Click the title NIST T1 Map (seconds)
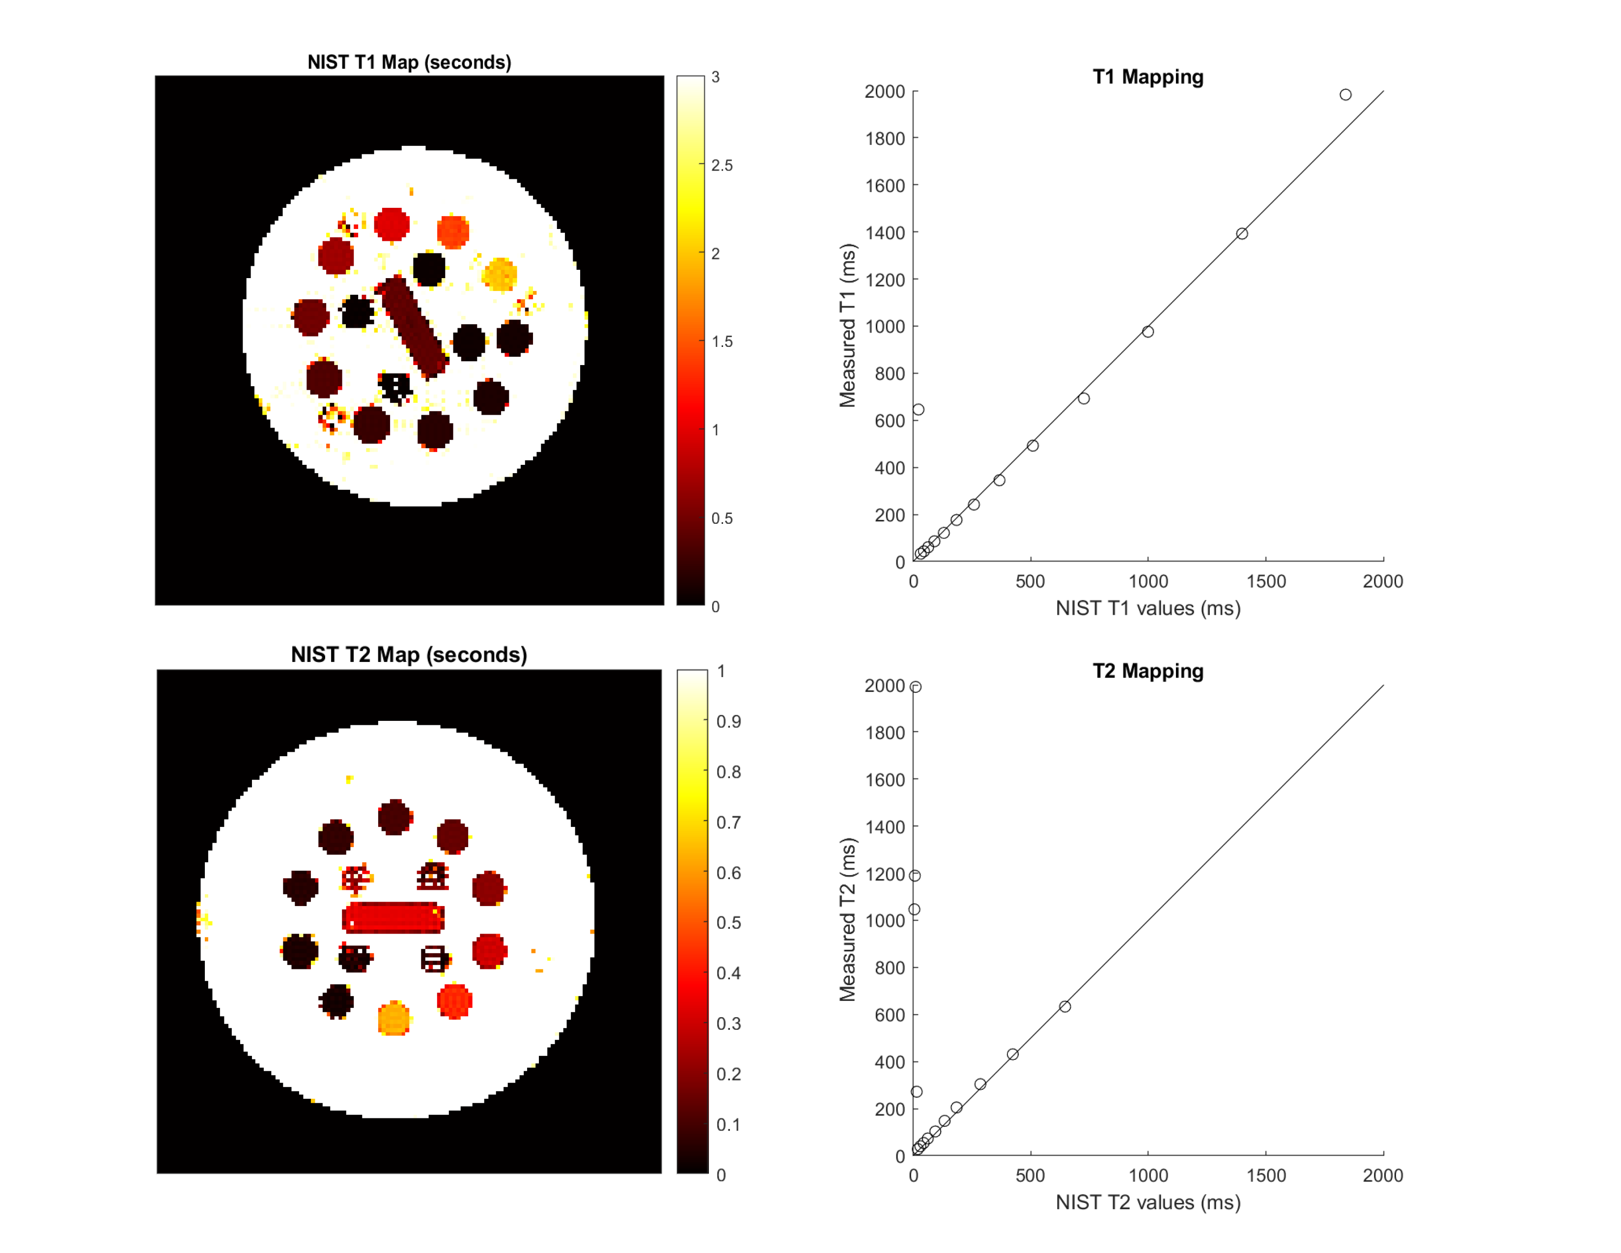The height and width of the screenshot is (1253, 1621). coord(409,62)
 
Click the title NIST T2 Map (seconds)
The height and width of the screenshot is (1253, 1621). coord(409,655)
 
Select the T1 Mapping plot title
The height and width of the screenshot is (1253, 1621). coord(1147,77)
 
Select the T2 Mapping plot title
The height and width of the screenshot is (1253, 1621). coord(1147,671)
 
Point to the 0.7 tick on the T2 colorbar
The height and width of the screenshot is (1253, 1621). coord(728,823)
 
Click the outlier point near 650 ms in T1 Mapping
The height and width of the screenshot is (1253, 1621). coord(918,410)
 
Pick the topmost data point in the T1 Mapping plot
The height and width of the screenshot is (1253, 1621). coord(1345,95)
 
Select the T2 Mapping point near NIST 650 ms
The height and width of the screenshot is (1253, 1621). coord(1065,1006)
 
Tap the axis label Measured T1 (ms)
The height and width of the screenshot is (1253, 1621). coord(847,325)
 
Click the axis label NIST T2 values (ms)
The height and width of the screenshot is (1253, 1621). coord(1147,1202)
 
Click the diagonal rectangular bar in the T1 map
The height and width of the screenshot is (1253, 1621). coord(414,327)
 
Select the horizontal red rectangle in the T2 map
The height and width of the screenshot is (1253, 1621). coord(393,917)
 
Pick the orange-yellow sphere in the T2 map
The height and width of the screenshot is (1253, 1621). coord(393,1019)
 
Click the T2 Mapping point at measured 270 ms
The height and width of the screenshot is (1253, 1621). coord(917,1092)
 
